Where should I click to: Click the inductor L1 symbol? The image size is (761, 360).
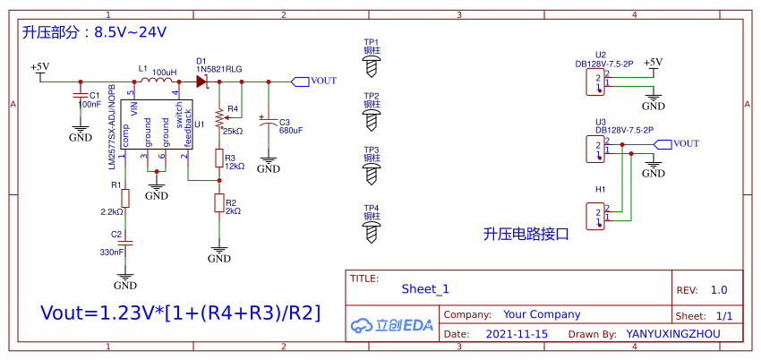158,81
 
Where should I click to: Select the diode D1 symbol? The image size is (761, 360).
202,81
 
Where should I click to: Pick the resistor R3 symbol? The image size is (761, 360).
219,159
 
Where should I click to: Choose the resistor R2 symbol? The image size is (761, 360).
219,203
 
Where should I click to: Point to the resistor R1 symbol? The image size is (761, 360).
125,197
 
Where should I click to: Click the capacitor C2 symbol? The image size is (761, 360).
125,242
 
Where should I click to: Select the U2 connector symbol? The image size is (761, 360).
594,83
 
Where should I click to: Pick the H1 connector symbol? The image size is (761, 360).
594,215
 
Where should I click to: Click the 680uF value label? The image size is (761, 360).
291,131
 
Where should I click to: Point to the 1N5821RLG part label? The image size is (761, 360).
219,68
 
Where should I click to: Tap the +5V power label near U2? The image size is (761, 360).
654,62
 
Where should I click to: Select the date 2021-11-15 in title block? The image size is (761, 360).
517,333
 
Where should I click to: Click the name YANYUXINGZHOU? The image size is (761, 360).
672,333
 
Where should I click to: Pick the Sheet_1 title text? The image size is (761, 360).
424,288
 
